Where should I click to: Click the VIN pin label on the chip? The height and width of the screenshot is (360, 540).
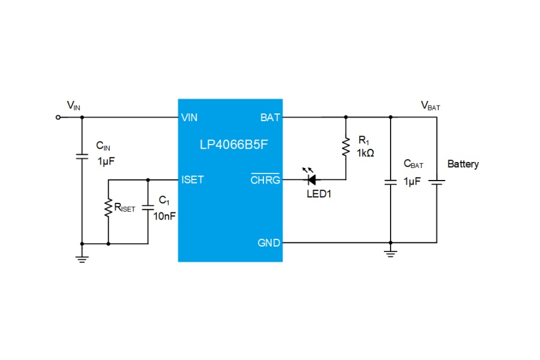(x=189, y=118)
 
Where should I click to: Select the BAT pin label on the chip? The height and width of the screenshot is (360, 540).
(x=270, y=118)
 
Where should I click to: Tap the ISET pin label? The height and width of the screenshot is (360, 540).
(x=193, y=179)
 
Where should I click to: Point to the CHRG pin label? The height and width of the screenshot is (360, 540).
(x=265, y=179)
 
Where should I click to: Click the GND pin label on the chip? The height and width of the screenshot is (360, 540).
(x=269, y=243)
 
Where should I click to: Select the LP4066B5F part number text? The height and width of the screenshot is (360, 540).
(x=233, y=145)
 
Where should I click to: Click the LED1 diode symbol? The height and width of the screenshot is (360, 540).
(x=311, y=179)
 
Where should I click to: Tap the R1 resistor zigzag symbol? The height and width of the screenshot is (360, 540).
(x=346, y=147)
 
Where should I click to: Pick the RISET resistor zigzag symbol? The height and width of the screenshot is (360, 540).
(x=109, y=208)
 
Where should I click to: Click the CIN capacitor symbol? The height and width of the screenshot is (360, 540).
(x=82, y=157)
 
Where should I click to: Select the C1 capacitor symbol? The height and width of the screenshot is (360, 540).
(x=148, y=208)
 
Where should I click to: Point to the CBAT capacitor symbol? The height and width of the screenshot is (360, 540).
(x=391, y=182)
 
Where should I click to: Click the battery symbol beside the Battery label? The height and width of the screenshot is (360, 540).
(x=437, y=182)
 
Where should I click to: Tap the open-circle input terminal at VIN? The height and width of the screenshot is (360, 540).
(x=58, y=118)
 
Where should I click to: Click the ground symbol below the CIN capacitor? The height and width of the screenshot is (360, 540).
(x=82, y=259)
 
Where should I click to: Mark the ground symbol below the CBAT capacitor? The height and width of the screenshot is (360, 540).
(x=391, y=254)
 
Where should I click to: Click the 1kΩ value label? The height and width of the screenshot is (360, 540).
(x=365, y=153)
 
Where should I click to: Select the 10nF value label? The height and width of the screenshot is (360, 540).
(x=164, y=216)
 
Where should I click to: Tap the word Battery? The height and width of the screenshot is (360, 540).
(x=463, y=164)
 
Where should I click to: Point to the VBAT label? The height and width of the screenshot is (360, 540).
(x=430, y=106)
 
